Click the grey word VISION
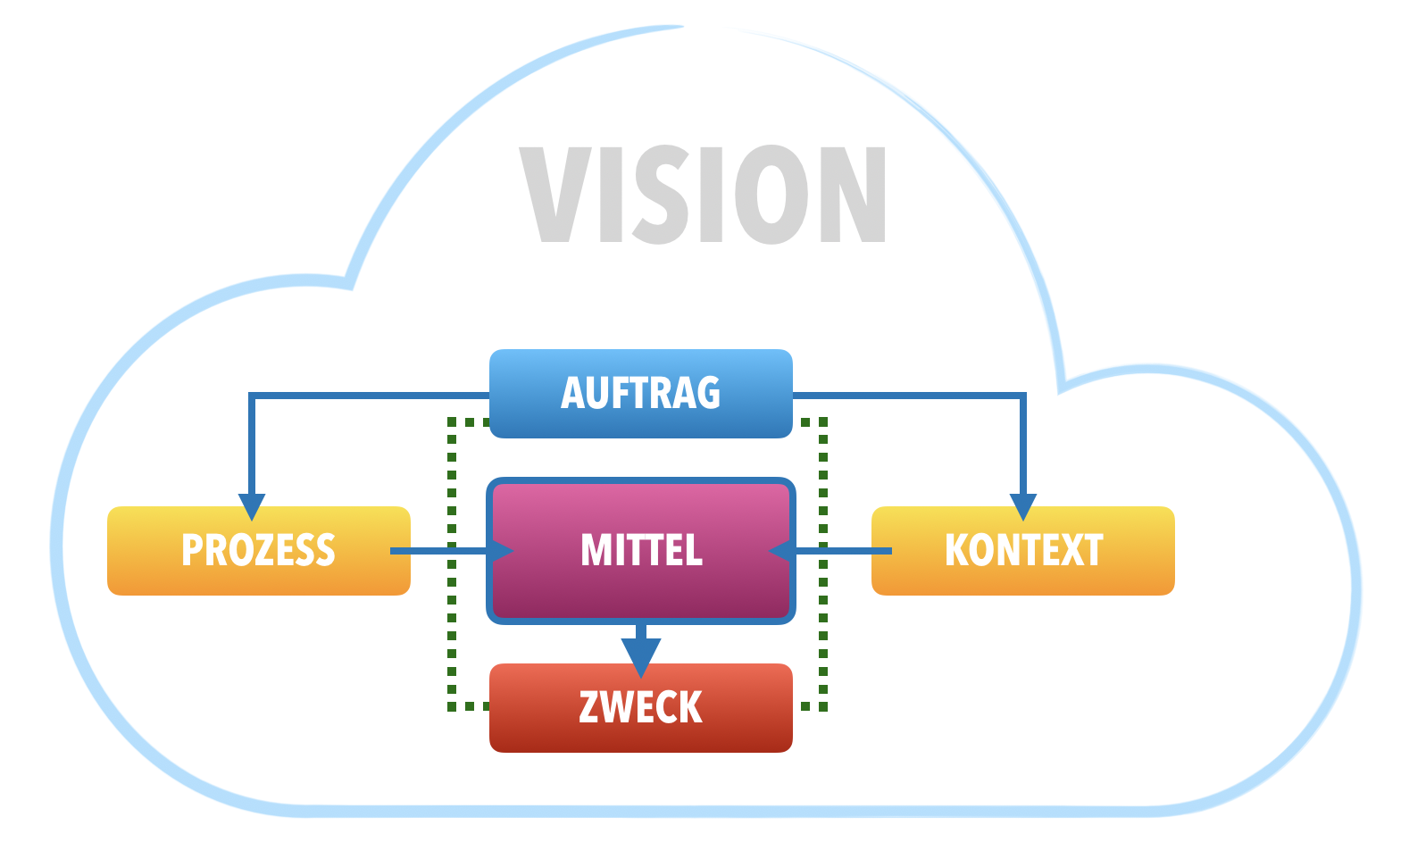(x=703, y=195)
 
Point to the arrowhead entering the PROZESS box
(x=252, y=506)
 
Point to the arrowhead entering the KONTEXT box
(x=1022, y=506)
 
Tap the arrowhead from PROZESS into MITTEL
(x=502, y=551)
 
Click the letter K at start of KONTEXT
(x=959, y=550)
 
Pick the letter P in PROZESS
(x=193, y=550)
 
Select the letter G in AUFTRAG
(x=707, y=393)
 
